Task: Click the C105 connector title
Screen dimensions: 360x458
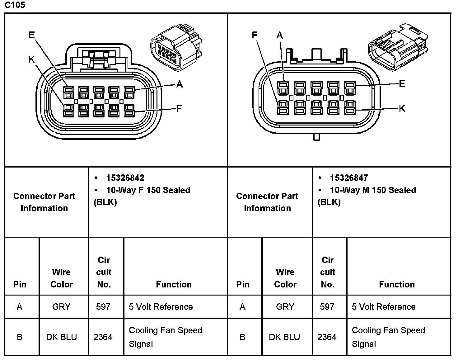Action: point(15,5)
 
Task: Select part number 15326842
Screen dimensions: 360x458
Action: point(125,178)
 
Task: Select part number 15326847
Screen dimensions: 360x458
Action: point(349,178)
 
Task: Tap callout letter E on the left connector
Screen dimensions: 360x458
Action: point(32,35)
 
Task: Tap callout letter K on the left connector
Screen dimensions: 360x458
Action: point(31,59)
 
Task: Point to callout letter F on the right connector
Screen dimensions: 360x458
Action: point(255,35)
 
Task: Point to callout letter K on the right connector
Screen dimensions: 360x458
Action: point(402,108)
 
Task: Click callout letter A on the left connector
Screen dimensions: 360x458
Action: point(179,84)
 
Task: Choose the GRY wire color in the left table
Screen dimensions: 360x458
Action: point(61,307)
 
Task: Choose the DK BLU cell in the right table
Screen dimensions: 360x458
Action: point(284,337)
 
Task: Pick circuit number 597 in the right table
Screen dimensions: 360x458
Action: point(327,307)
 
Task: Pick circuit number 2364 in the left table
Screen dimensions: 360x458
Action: point(103,337)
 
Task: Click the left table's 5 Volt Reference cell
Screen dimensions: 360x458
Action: point(161,307)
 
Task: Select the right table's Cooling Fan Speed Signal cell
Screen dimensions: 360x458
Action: point(388,337)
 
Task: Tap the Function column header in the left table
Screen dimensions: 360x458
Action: point(174,284)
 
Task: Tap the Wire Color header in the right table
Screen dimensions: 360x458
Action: point(285,278)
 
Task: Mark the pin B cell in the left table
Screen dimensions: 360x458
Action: point(20,337)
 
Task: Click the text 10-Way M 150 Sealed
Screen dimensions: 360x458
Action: point(373,190)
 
